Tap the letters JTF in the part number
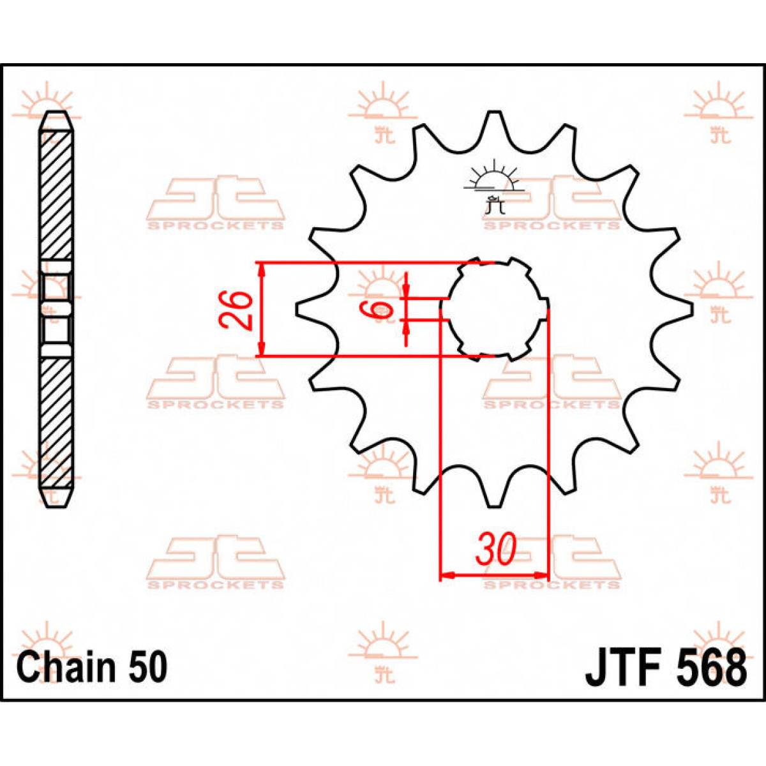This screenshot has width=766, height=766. (622, 668)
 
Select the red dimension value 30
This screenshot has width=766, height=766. (495, 550)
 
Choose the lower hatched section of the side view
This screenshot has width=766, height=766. (56, 421)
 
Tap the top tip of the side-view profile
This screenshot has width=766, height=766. (56, 115)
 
